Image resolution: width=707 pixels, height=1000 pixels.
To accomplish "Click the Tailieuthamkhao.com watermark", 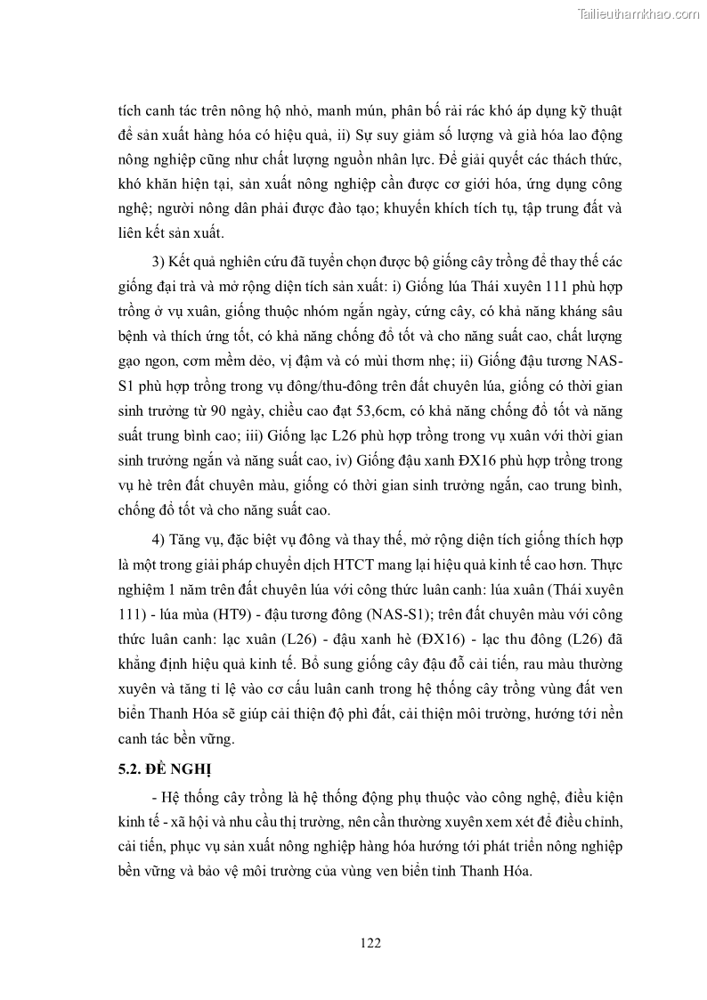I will (x=638, y=13).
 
